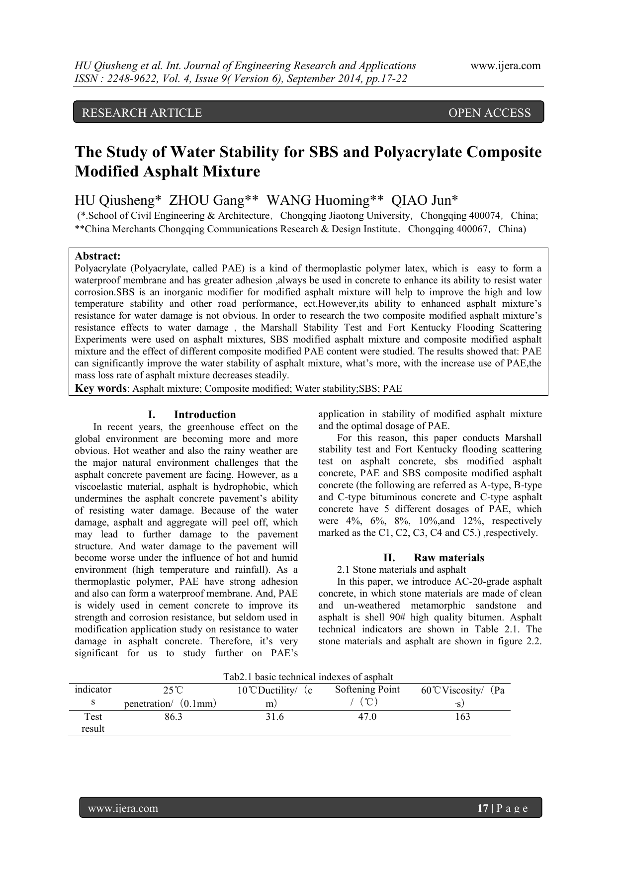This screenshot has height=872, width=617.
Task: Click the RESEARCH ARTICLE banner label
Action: (142, 113)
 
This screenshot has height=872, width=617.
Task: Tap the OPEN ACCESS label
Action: (489, 113)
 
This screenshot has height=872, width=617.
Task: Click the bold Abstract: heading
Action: (97, 256)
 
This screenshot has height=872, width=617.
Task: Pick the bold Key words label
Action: (100, 388)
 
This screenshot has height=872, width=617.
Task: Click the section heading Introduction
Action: (205, 415)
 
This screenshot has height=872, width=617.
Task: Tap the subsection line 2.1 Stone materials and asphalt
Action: (401, 570)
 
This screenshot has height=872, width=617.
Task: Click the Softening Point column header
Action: (367, 690)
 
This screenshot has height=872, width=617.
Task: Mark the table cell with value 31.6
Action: (274, 716)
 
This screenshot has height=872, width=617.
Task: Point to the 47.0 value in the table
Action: (367, 716)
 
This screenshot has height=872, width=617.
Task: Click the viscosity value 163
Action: (462, 716)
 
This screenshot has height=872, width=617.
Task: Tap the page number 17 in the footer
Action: (482, 808)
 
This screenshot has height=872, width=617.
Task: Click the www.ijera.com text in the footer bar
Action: (123, 808)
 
